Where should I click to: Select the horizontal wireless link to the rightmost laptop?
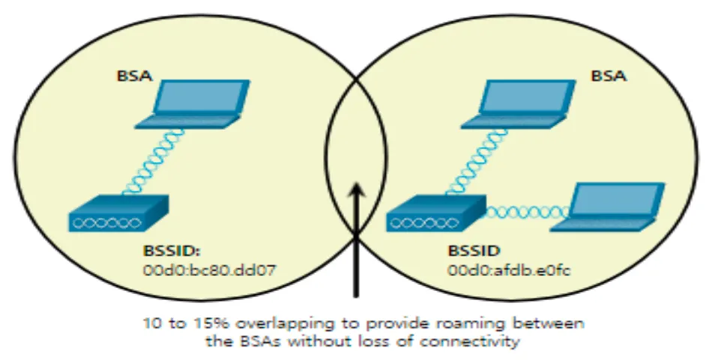[525, 213]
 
